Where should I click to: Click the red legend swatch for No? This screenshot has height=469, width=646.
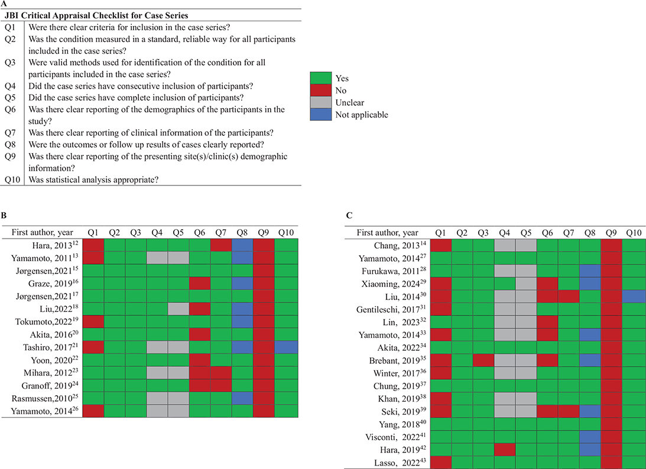[320, 90]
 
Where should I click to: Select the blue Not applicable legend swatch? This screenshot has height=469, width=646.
[320, 115]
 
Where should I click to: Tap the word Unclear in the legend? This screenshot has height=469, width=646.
[350, 103]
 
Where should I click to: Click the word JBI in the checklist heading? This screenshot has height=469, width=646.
[12, 15]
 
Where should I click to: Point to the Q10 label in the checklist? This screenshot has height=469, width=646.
[12, 180]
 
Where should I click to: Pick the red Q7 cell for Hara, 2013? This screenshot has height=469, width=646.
[221, 245]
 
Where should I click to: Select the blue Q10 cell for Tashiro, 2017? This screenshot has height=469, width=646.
[285, 347]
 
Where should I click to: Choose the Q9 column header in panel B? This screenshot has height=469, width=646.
[263, 233]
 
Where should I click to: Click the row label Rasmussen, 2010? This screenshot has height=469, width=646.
[45, 399]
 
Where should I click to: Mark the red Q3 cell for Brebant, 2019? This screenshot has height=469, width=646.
[483, 361]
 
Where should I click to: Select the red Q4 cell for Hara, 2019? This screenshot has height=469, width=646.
[505, 450]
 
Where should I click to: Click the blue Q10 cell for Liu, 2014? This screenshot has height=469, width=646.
[634, 297]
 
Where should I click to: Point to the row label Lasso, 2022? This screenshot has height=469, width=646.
[402, 463]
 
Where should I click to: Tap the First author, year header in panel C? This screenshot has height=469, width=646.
[387, 233]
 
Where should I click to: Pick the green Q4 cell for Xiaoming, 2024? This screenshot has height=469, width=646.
[505, 284]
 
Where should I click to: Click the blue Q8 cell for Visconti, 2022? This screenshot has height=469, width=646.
[590, 437]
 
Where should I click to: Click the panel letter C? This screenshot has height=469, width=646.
[349, 216]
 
